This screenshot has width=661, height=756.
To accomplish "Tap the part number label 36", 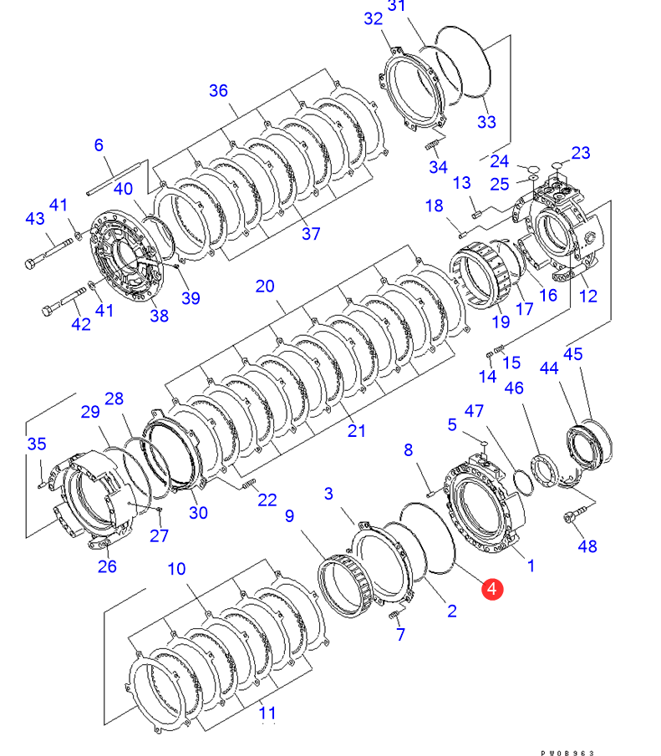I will [218, 90].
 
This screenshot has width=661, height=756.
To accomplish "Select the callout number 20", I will [265, 287].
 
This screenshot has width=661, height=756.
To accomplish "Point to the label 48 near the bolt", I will [587, 546].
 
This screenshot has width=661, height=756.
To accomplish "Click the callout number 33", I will [486, 122].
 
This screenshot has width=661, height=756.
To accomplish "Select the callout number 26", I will [108, 568].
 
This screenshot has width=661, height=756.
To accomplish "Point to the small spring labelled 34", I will [434, 146].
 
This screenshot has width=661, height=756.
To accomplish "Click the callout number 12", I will [587, 295].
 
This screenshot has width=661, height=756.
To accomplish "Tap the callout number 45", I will [572, 355].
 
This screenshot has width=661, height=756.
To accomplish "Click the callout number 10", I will [176, 570].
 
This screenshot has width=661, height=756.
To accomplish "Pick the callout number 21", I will [357, 431].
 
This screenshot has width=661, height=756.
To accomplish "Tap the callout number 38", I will [159, 315].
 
